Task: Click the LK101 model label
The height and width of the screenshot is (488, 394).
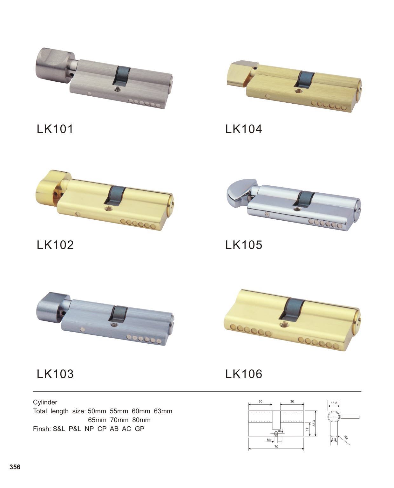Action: pos(55,129)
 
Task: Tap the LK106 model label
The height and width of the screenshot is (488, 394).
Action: pos(244,374)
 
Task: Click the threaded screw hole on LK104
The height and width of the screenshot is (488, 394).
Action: pos(298,91)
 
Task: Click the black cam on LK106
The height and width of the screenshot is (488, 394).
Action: pos(292,309)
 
